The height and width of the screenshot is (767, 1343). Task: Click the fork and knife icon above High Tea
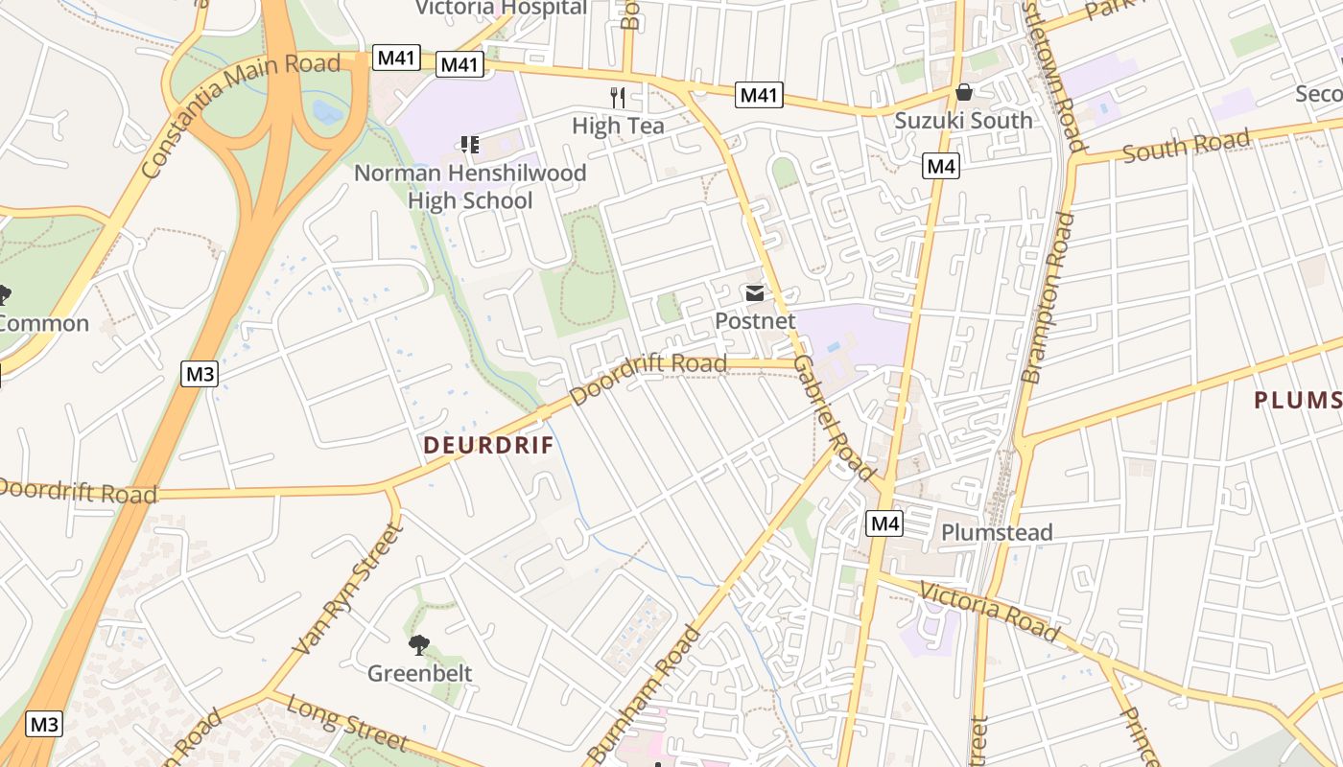[x=618, y=97]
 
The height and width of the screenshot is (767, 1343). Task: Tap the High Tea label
[x=618, y=126]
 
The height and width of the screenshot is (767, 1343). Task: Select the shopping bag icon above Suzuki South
[x=964, y=92]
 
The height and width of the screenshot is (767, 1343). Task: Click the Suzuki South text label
[x=963, y=120]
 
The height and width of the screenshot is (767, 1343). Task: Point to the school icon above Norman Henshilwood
[x=470, y=145]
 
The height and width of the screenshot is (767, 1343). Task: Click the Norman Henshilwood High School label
[x=470, y=187]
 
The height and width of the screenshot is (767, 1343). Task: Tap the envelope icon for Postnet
[x=755, y=293]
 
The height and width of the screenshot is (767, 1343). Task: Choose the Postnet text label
[x=755, y=321]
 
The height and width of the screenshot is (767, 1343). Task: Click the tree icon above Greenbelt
[x=419, y=645]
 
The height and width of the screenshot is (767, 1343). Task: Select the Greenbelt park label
[x=420, y=673]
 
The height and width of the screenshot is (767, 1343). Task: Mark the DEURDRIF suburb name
[x=489, y=445]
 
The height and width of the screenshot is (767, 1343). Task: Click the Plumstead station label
[x=997, y=532]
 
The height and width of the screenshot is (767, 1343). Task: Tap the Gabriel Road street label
[x=834, y=418]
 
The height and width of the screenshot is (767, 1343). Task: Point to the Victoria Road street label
[x=989, y=612]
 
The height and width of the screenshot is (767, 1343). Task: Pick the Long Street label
[x=347, y=724]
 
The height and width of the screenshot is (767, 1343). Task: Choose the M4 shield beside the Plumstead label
[x=884, y=523]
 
